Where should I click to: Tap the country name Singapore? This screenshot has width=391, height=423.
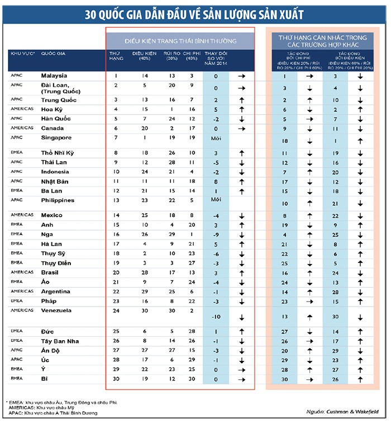(56, 137)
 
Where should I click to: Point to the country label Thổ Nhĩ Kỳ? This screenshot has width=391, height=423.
(56, 152)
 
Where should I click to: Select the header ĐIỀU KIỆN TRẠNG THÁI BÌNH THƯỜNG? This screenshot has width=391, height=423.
(180, 41)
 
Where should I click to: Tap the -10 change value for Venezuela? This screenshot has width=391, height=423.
(216, 317)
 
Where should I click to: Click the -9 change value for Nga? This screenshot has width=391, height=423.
(216, 234)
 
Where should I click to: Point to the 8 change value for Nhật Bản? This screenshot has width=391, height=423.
(216, 181)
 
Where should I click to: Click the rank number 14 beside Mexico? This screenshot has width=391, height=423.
(116, 215)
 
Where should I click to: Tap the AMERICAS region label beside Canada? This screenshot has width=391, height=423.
(21, 128)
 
